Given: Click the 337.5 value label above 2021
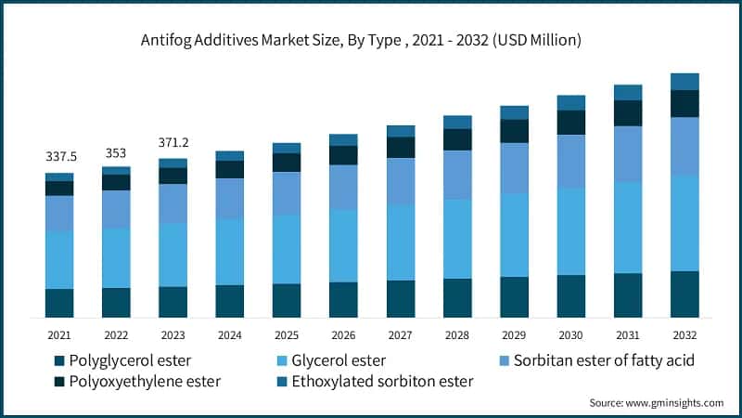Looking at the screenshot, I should tap(60, 156).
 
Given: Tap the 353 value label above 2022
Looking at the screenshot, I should tap(116, 152).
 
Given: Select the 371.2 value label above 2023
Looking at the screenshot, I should tap(173, 143).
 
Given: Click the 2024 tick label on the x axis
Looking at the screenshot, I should tap(229, 334).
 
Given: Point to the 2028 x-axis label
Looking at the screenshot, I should tap(457, 334).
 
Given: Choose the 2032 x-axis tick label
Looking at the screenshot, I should tap(684, 334).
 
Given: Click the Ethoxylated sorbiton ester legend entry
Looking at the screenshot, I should tap(376, 382).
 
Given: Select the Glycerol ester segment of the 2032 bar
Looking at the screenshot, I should tap(684, 223).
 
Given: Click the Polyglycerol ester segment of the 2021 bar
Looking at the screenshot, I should tap(60, 303).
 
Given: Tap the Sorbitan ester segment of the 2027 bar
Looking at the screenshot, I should tap(401, 181).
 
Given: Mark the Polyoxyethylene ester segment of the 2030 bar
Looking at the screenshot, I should tap(571, 123).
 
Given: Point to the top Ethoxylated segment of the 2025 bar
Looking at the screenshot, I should tap(287, 148).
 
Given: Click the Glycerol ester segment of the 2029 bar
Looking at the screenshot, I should tap(514, 235).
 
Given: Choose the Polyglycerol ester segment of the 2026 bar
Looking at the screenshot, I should tap(343, 299).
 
